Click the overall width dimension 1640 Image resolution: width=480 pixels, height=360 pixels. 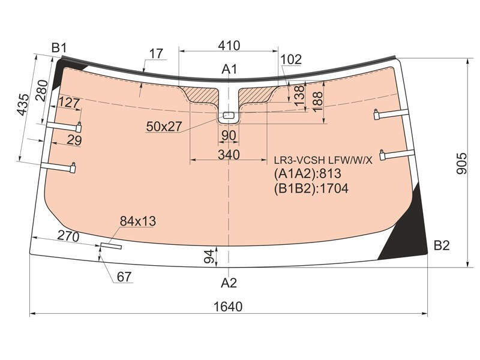click(228, 307)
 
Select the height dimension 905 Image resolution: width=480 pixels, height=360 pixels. click(462, 163)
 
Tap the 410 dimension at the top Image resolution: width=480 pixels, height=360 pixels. click(229, 46)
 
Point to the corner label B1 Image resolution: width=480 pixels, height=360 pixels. click(59, 48)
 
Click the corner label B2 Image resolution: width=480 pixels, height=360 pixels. click(442, 245)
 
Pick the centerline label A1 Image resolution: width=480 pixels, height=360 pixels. click(229, 69)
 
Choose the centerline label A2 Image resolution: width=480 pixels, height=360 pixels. click(229, 283)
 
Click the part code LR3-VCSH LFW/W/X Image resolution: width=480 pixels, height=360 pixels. click(323, 160)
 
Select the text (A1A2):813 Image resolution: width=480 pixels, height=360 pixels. click(307, 173)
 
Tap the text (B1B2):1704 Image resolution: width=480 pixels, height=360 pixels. click(311, 188)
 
